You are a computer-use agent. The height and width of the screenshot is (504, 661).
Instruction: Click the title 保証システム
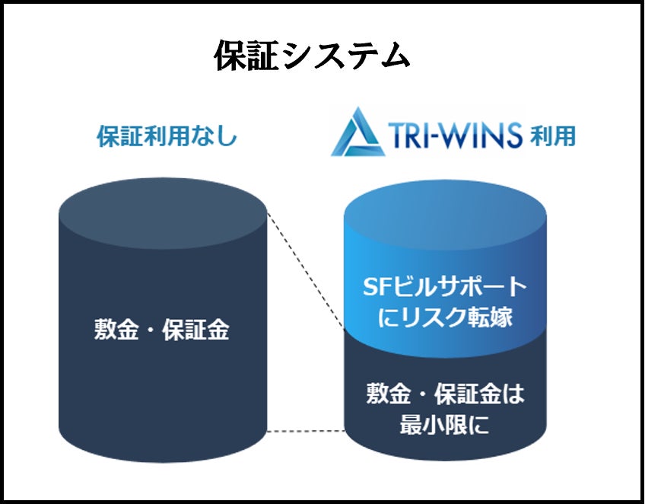click(x=312, y=57)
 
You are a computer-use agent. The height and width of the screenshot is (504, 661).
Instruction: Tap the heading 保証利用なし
click(x=167, y=137)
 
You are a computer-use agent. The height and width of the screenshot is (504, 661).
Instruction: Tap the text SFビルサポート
click(x=444, y=287)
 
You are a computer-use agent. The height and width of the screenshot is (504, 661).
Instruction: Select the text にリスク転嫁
click(x=444, y=317)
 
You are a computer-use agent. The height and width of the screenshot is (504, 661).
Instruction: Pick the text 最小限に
click(x=444, y=425)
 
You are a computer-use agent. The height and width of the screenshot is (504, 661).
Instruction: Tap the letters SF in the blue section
click(x=375, y=287)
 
